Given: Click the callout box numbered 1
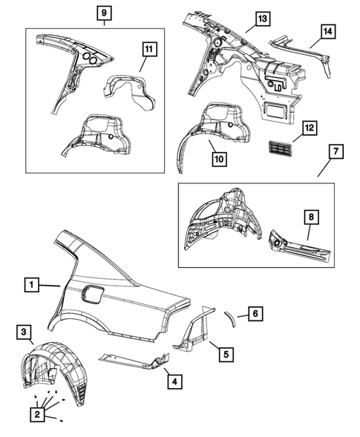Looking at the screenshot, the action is point(31,285).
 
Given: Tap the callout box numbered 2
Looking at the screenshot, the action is point(37,415).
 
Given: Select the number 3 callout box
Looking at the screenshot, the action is point(24,332).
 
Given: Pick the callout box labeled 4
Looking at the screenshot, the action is point(174,381).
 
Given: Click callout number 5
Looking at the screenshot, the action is point(226,354).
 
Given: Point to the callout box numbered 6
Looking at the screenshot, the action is point(255,314).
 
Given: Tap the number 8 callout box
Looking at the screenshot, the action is point(311,217).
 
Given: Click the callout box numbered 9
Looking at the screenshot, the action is point(105,13).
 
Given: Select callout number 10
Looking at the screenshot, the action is point(219,159).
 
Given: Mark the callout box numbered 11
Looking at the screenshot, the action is point(149,49).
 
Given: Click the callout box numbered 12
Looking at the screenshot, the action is point(310,128).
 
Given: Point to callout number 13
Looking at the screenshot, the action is point(263,19).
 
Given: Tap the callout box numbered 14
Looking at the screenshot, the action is point(328,31).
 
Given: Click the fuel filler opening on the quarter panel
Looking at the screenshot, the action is point(92,295).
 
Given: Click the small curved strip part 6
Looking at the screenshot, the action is point(230,318).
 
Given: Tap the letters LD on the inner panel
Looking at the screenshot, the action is point(278,88).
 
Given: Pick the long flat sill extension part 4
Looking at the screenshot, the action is point(134,360).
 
